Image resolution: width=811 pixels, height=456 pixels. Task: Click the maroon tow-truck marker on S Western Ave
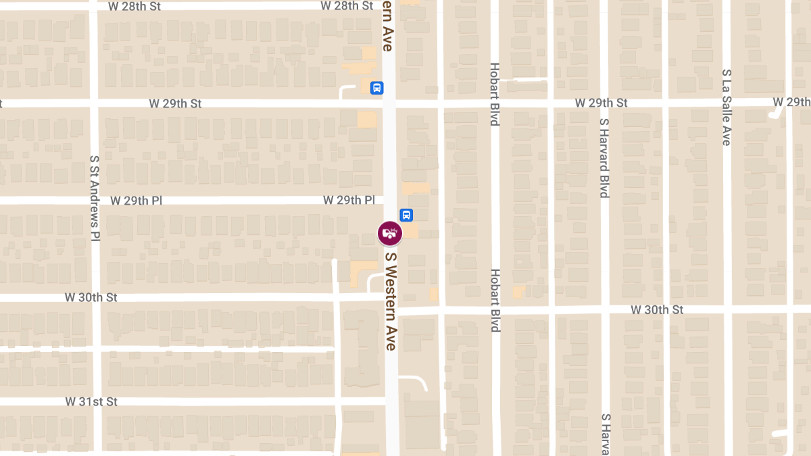[390, 234]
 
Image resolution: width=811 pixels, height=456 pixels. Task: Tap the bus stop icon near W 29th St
[376, 88]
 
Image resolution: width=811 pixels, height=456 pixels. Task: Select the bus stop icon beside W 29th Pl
[406, 215]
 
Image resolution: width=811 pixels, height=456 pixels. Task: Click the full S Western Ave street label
[390, 301]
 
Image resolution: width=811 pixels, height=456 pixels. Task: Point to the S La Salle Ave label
[727, 107]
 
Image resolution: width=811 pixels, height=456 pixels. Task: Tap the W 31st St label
[91, 401]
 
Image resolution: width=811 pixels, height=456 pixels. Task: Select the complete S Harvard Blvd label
[604, 157]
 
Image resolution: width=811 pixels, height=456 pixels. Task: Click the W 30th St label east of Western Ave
[657, 309]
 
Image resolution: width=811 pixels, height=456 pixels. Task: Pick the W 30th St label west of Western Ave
[91, 297]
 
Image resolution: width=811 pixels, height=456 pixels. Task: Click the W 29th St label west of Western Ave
[176, 104]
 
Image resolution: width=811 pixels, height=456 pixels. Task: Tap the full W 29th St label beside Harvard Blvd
[601, 103]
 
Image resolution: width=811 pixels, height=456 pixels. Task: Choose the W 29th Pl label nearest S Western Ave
[349, 200]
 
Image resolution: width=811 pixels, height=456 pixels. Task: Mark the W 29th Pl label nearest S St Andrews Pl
[136, 201]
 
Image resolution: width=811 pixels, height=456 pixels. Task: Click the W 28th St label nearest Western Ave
[347, 5]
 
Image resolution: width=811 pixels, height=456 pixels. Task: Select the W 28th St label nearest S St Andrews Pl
[134, 6]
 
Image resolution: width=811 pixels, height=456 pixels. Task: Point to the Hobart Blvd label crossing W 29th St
[495, 94]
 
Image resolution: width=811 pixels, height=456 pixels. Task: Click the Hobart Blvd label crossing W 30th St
[495, 301]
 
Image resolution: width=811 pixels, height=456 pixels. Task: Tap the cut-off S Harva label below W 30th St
[606, 434]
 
